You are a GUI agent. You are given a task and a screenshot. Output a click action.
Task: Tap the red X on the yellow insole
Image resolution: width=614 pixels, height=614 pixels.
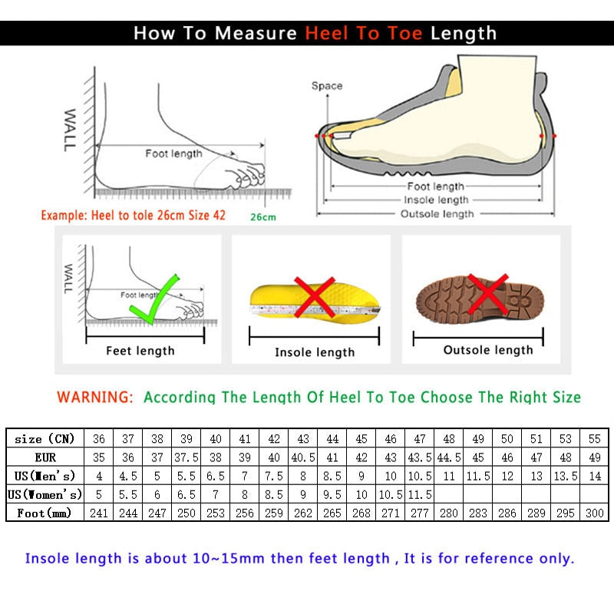314,298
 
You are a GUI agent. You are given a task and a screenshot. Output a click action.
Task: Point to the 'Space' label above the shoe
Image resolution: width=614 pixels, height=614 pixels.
326,86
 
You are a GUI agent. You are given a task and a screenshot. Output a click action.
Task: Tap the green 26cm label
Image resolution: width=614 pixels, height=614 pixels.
262,217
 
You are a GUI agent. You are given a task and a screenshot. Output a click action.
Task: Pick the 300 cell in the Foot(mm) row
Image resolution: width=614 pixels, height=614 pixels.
594,513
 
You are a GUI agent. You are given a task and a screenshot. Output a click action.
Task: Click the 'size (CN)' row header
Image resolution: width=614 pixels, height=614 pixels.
45,439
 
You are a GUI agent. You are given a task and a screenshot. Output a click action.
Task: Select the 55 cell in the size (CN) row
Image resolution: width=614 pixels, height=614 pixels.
594,439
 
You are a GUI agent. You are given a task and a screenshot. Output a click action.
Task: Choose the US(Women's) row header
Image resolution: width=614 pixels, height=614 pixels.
45,494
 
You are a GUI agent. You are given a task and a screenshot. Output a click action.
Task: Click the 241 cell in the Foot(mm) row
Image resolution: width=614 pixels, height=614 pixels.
98,513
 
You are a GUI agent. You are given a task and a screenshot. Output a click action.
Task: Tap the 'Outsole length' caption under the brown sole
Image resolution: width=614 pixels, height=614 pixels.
487,350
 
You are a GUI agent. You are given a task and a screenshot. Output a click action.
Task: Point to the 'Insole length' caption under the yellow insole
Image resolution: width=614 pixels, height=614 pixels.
315,352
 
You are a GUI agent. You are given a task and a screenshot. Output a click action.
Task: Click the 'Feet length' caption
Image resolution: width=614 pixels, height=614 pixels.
140,351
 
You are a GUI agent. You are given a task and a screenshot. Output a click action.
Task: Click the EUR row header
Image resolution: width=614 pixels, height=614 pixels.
45,457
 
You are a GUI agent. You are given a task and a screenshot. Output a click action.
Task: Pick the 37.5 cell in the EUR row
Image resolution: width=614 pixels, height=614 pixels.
187,457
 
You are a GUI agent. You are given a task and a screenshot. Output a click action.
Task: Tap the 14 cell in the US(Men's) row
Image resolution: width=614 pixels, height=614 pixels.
594,476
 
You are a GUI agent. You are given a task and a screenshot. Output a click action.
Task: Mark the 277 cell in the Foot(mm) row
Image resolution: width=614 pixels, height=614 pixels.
420,513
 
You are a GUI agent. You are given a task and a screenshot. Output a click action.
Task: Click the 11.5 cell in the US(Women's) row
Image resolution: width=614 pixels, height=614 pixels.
420,494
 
